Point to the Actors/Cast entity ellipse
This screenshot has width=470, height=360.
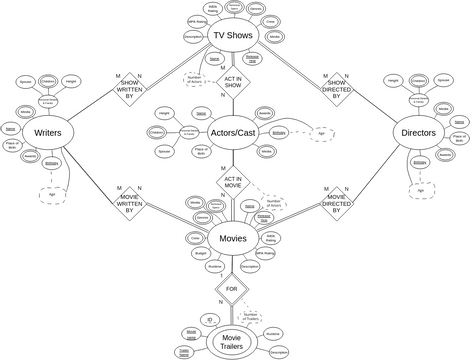point(233,131)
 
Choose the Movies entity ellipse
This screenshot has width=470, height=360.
point(232,239)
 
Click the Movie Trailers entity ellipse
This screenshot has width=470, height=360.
point(232,340)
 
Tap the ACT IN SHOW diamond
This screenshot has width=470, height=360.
point(233,84)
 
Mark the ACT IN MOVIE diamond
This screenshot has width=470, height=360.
point(233,183)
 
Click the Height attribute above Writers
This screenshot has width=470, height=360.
point(69,80)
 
